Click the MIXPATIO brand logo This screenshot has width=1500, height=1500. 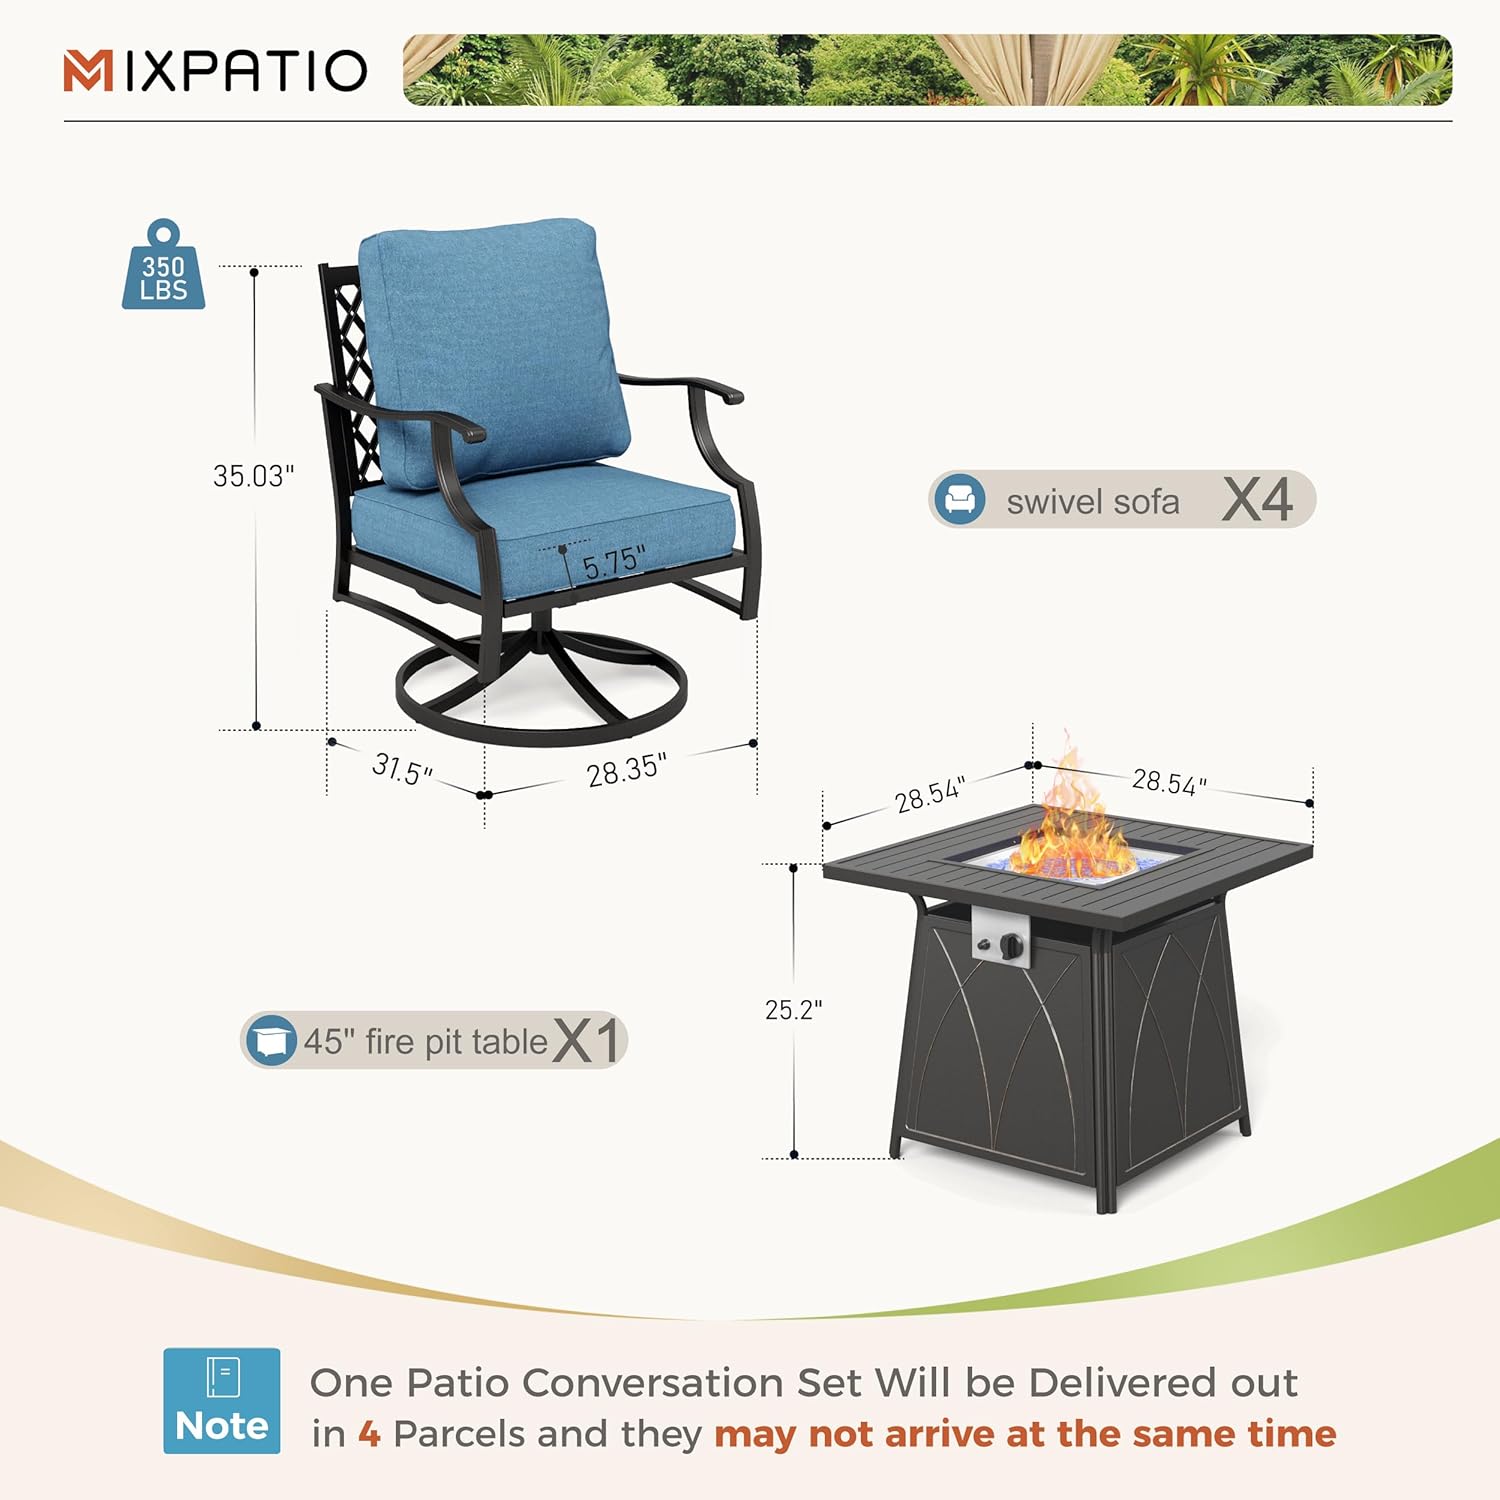tap(215, 71)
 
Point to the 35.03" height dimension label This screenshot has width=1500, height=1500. tap(253, 476)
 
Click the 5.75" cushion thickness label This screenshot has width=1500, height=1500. tap(613, 562)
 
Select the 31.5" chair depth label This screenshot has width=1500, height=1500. tap(402, 769)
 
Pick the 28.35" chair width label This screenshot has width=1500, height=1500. tap(626, 770)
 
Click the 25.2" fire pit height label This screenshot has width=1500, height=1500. tap(793, 1010)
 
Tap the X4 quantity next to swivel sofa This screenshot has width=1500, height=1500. tap(1257, 499)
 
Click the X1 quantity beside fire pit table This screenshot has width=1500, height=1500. tap(588, 1040)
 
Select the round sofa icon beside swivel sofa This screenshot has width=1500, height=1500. tap(960, 499)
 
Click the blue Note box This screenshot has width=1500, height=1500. tap(222, 1400)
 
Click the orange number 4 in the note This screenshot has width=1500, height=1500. tap(369, 1434)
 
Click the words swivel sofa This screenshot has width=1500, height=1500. tap(1092, 501)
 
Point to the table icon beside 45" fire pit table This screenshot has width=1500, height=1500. tap(270, 1040)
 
